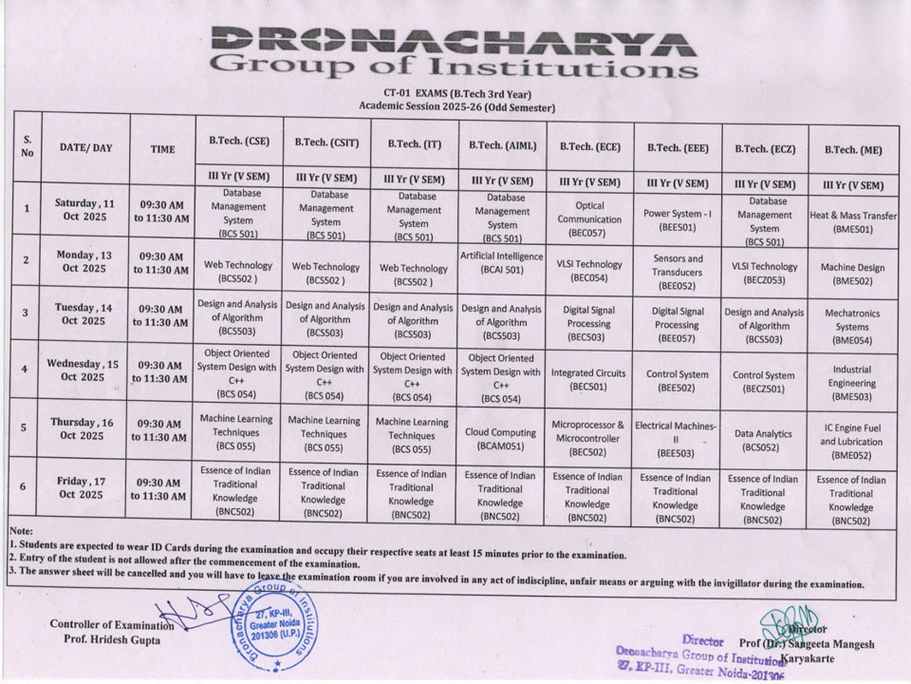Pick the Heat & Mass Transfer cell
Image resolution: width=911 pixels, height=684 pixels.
click(x=853, y=221)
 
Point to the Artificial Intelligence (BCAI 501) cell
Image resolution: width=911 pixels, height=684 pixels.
click(x=501, y=262)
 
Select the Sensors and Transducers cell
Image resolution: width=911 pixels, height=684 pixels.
click(x=678, y=271)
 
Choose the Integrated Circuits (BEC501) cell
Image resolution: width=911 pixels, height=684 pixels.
click(x=588, y=379)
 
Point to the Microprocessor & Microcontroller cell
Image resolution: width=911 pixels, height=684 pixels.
click(x=588, y=438)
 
